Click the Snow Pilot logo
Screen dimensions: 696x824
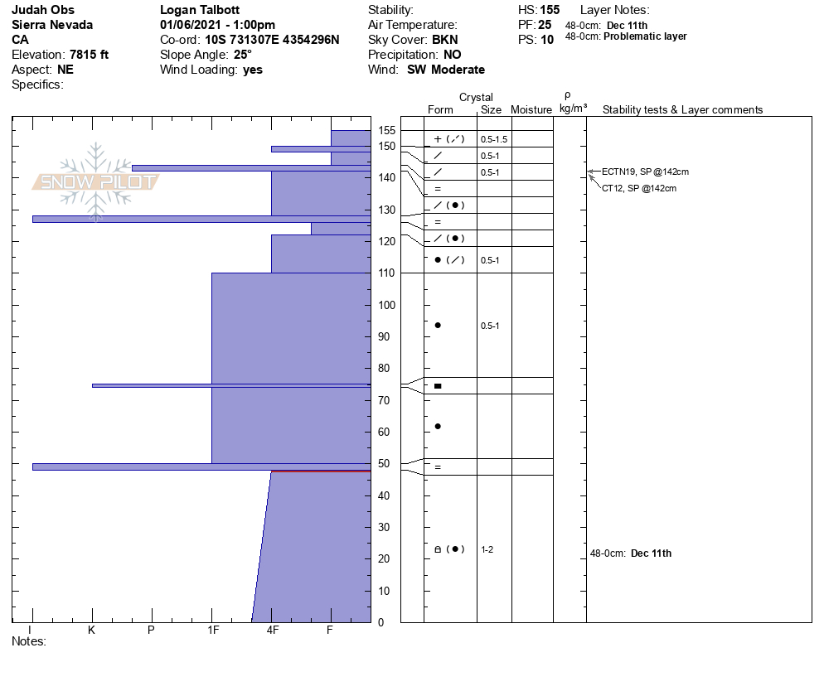tap(95, 181)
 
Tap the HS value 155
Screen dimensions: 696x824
tap(549, 10)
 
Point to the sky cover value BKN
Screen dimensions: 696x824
tap(445, 40)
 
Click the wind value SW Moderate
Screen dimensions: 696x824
tap(446, 70)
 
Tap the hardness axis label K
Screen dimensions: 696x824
tap(92, 631)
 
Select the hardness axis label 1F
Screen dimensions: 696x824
tap(212, 631)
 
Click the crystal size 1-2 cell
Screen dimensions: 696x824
tap(487, 549)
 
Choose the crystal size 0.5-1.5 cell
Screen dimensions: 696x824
tap(493, 139)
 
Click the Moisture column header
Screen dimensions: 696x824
tap(531, 110)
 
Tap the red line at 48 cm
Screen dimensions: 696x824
tap(321, 471)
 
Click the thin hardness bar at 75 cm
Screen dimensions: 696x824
tap(230, 385)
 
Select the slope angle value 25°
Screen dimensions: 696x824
tap(243, 55)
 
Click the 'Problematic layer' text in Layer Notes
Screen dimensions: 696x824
tap(645, 36)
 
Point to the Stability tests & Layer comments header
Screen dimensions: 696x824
tap(682, 110)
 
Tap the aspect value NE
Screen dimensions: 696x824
tap(65, 70)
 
